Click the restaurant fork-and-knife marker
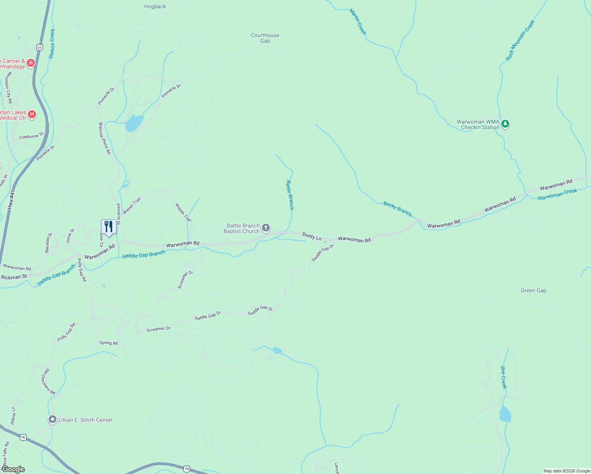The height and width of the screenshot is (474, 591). coord(109,227)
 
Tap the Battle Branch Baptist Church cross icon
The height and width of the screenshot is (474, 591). coord(266,228)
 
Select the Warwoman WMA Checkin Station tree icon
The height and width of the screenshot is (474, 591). coord(505,124)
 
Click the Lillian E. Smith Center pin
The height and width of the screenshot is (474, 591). coord(52,419)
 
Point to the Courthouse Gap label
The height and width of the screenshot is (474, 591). coord(265,38)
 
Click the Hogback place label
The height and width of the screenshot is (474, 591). coord(155,7)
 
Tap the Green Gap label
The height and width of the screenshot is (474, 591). coord(533,291)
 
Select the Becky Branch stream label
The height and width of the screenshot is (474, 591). coord(397,209)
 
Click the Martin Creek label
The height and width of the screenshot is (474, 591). coord(358,22)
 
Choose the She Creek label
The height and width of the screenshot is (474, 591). coord(503,377)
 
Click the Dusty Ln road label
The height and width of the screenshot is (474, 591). coord(312,236)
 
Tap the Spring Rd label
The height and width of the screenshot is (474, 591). coord(109,343)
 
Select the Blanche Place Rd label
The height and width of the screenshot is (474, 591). coord(105,138)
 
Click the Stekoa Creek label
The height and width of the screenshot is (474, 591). coord(52,43)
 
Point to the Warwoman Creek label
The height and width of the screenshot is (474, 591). coord(557,194)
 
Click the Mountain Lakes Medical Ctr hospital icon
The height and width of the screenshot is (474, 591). coord(32,115)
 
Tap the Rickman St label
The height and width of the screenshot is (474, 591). coord(14,277)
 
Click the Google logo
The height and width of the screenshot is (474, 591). coord(13,469)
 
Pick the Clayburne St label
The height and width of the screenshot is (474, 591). coord(31,136)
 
